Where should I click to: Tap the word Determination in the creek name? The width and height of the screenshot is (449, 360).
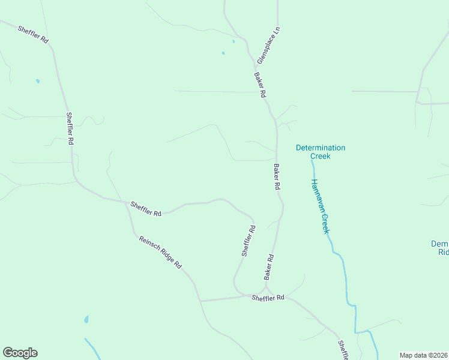pyautogui.click(x=321, y=148)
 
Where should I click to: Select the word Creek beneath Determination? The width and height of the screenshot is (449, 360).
pyautogui.click(x=321, y=156)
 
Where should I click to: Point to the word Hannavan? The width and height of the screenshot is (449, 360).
pyautogui.click(x=317, y=192)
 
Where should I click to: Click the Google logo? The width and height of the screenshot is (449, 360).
pyautogui.click(x=20, y=353)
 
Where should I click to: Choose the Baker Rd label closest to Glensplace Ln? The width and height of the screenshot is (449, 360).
pyautogui.click(x=260, y=85)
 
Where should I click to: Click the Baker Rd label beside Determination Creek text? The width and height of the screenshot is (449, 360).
pyautogui.click(x=277, y=177)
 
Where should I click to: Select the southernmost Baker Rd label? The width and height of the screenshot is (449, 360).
pyautogui.click(x=269, y=267)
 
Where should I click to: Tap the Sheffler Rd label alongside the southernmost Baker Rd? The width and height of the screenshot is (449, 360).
pyautogui.click(x=249, y=241)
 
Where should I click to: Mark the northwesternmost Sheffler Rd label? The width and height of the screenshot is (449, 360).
pyautogui.click(x=33, y=33)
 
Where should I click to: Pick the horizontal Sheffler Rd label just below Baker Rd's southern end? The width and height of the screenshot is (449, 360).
pyautogui.click(x=268, y=298)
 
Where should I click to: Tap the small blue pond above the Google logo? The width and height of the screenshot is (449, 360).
pyautogui.click(x=86, y=319)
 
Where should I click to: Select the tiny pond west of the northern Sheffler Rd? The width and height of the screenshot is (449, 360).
pyautogui.click(x=37, y=81)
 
